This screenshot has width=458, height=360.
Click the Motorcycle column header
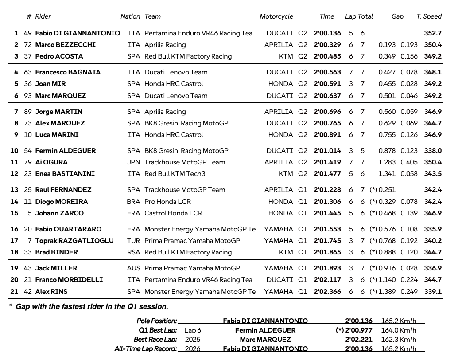[276, 16]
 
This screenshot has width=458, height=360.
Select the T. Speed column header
[428, 16]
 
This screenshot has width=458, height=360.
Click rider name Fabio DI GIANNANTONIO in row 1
[78, 33]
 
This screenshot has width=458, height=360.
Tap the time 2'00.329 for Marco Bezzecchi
[327, 45]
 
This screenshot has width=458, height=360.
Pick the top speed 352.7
[432, 33]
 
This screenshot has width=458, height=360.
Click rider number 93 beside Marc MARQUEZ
[28, 96]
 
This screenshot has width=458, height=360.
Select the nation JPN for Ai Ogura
[133, 162]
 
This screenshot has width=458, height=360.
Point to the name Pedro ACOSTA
[59, 56]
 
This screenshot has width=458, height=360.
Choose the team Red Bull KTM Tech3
[175, 174]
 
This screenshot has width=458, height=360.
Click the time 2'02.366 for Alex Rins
[327, 292]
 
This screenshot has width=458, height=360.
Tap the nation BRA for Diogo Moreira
[133, 202]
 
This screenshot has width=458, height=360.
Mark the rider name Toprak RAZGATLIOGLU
[74, 241]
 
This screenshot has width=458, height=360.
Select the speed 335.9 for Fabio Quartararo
[432, 229]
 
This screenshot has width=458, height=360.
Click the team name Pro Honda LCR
[167, 202]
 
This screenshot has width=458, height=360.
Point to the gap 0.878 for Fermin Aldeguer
[387, 151]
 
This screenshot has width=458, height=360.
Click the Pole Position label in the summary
[157, 321]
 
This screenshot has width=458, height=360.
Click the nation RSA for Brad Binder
[133, 252]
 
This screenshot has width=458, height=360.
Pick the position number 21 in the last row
[14, 292]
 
